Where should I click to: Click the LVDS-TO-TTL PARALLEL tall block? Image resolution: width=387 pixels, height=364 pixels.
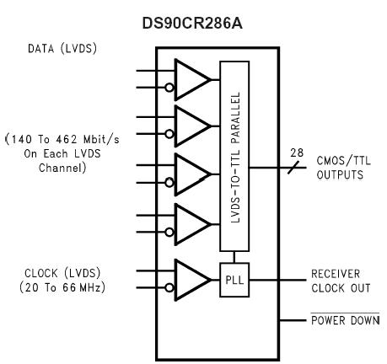236,155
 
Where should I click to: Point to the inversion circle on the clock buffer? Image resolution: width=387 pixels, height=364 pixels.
170,287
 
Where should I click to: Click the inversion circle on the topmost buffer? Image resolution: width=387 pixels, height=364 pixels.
170,86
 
